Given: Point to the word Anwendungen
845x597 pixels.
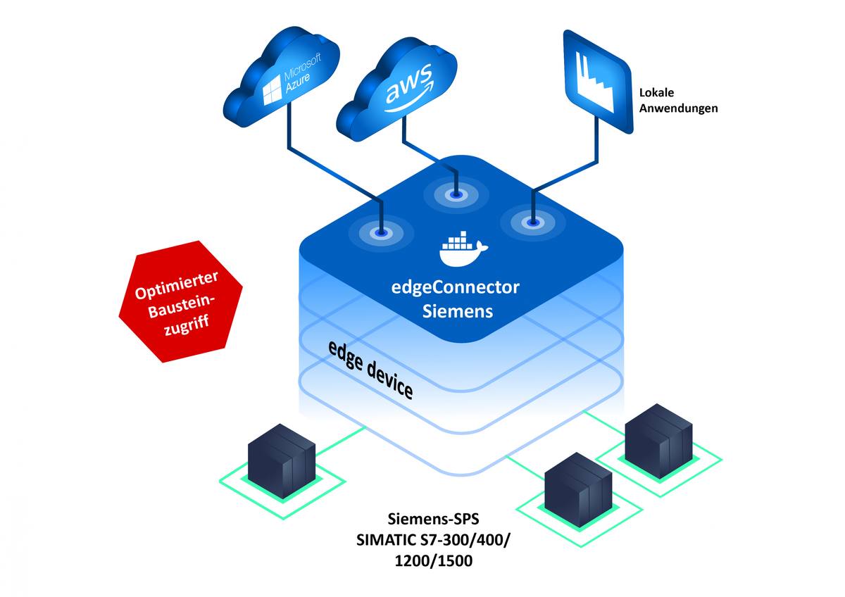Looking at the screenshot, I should point(678,108).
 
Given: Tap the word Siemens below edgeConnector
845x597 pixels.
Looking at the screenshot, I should point(458,310).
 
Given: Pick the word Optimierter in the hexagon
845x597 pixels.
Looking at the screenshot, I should point(179,289).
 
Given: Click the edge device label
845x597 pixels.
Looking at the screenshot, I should point(370,370).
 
